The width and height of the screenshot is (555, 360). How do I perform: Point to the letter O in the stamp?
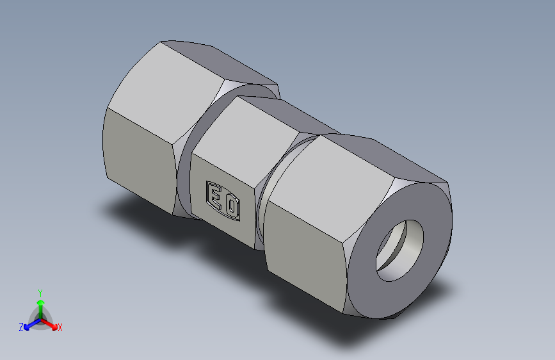[x=231, y=206]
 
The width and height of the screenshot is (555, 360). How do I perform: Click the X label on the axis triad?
[x=60, y=327]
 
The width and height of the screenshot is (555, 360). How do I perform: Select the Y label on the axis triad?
[x=40, y=292]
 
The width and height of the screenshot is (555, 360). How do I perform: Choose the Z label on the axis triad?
[x=21, y=327]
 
